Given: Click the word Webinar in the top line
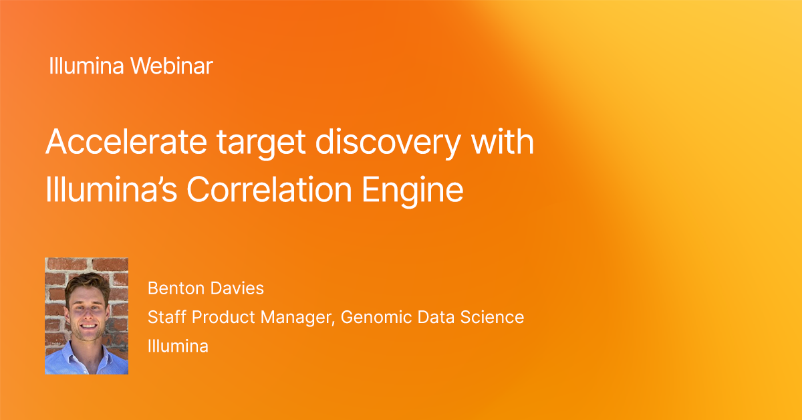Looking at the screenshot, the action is pos(172,66).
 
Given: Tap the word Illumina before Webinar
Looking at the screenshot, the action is pos(86,66).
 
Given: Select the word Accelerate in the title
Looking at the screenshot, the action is pos(126,142).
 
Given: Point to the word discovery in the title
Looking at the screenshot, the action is pos(388,144).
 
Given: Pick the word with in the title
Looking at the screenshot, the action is pos(503,141).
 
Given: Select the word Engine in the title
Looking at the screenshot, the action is pos(412,191).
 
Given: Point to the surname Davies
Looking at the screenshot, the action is pos(237,288).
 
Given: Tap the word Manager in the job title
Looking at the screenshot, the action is pos(298,318).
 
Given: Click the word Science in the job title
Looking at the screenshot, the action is pos(492,317).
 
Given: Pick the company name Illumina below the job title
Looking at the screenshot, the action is pos(178,346).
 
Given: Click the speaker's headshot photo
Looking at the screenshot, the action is pos(87,316).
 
